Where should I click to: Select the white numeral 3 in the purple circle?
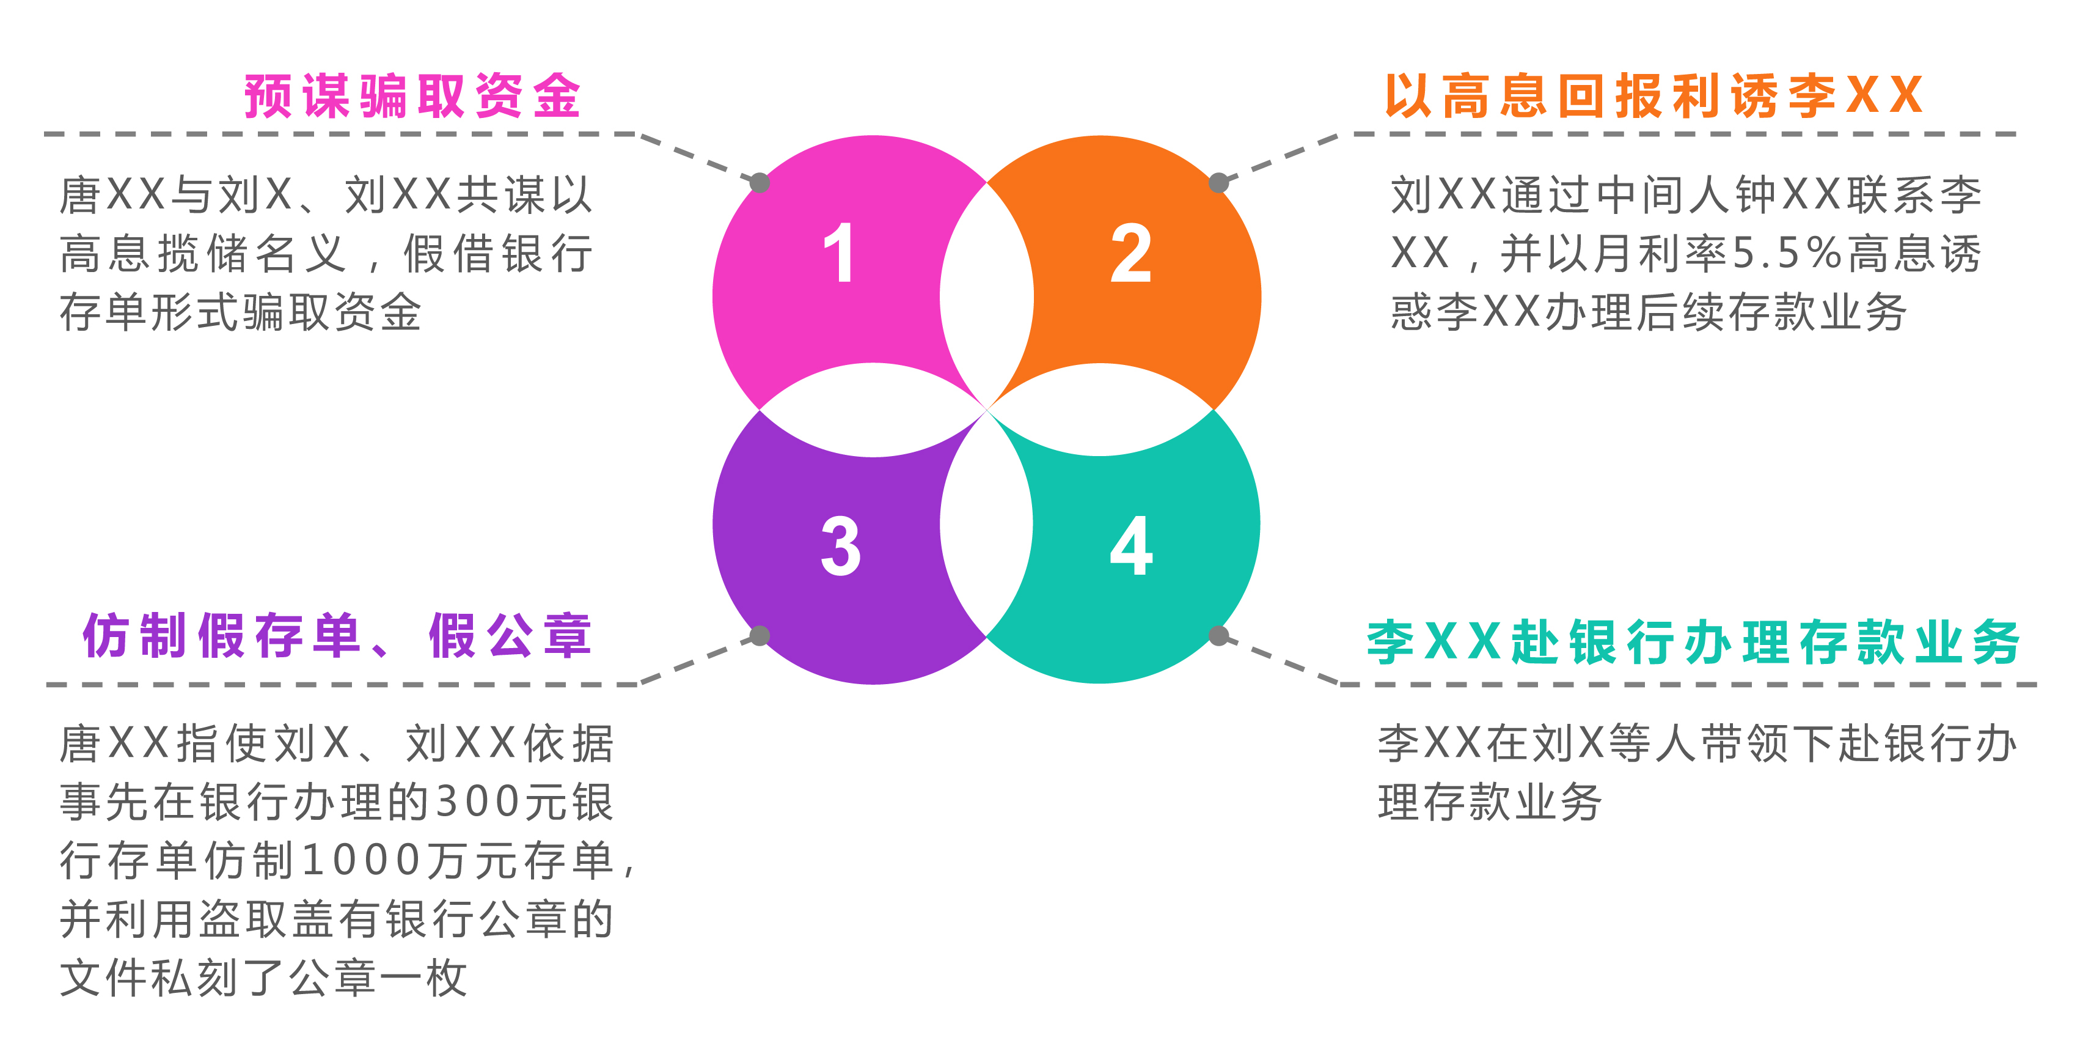[841, 546]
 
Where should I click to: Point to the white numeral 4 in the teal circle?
[1131, 546]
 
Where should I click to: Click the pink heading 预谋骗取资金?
[412, 96]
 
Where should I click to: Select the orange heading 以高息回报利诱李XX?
[1653, 96]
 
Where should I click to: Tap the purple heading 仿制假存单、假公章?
[337, 636]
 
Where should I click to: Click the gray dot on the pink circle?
[760, 183]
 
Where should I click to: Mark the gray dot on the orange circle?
[1218, 183]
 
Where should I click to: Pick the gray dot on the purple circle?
[760, 636]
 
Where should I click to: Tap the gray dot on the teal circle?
[1218, 636]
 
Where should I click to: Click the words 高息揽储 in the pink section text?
[155, 254]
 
